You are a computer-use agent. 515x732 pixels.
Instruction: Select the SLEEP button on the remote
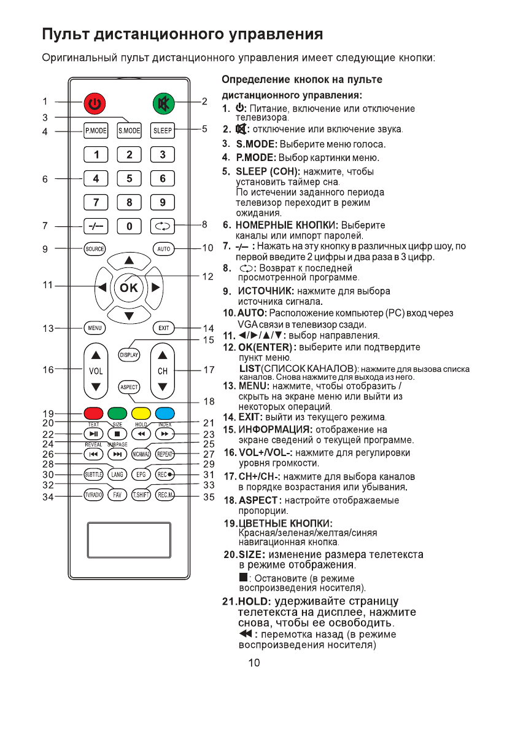pyautogui.click(x=163, y=130)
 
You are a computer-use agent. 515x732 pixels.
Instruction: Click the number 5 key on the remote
pyautogui.click(x=129, y=179)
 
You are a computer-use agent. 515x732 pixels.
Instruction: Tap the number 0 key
pyautogui.click(x=129, y=226)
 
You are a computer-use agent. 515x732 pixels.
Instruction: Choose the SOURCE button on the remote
pyautogui.click(x=95, y=249)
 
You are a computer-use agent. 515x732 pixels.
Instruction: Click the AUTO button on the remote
pyautogui.click(x=163, y=249)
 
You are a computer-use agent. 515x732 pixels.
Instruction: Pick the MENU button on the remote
pyautogui.click(x=95, y=328)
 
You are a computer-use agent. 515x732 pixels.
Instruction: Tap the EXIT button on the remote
pyautogui.click(x=163, y=328)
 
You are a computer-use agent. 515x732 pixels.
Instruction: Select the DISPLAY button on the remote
pyautogui.click(x=129, y=355)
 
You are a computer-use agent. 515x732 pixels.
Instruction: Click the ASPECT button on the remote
pyautogui.click(x=129, y=387)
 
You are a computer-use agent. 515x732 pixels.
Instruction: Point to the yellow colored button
pyautogui.click(x=141, y=413)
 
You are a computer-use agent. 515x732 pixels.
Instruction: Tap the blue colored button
pyautogui.click(x=163, y=413)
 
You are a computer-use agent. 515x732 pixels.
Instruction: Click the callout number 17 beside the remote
pyautogui.click(x=209, y=370)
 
